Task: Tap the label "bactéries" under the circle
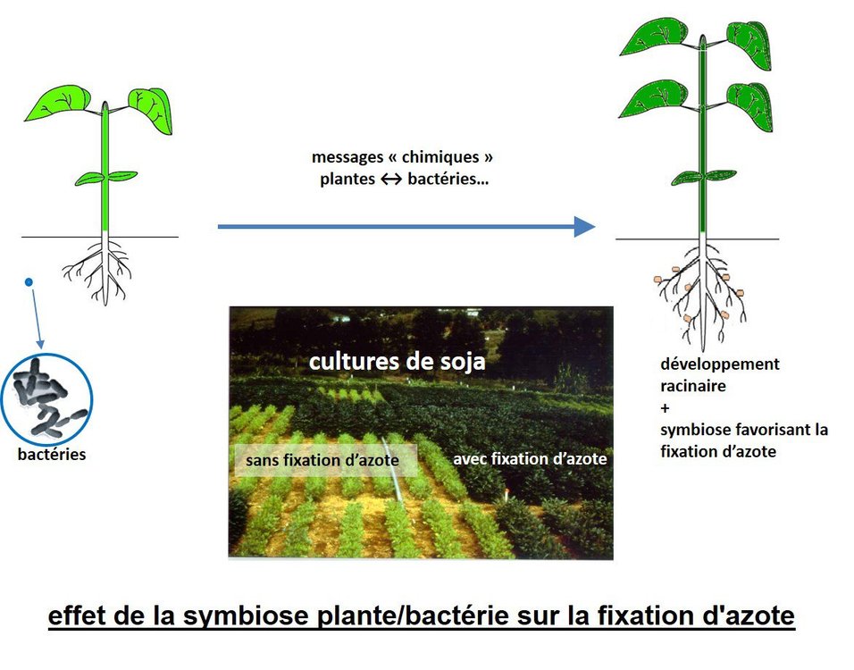[53, 455]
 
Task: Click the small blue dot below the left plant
[29, 282]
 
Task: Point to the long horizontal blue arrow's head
[584, 227]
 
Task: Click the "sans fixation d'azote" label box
[325, 461]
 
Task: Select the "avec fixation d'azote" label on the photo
[530, 459]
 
